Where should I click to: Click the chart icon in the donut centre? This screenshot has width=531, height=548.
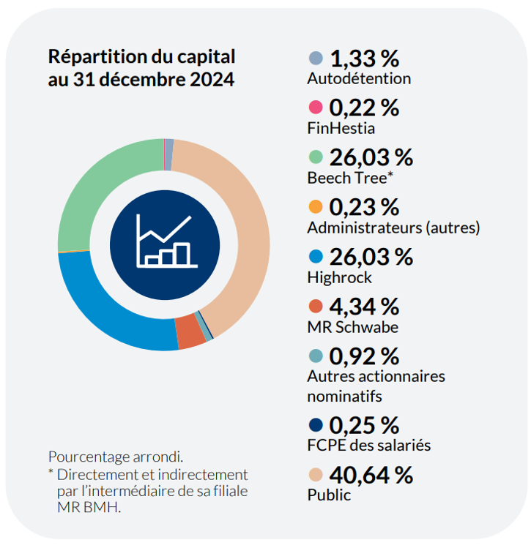164,244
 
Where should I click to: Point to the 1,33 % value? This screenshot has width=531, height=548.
364,59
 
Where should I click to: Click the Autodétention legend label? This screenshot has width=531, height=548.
359,78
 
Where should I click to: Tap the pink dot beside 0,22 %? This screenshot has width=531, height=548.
316,108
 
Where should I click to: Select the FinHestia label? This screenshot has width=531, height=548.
341,128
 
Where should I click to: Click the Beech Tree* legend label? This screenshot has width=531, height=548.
349,178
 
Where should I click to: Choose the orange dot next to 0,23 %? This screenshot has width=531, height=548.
316,207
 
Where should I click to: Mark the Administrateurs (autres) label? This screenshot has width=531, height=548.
393,228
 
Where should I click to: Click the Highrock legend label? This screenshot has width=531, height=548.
340,277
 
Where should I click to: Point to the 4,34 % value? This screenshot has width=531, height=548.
364,307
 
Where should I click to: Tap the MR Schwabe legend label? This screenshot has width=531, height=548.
352,327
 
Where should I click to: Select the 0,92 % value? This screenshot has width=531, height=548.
364,356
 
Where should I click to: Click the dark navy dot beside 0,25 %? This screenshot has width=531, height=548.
316,425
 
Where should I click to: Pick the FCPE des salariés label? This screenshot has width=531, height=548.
369,445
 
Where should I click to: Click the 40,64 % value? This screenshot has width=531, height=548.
371,475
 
